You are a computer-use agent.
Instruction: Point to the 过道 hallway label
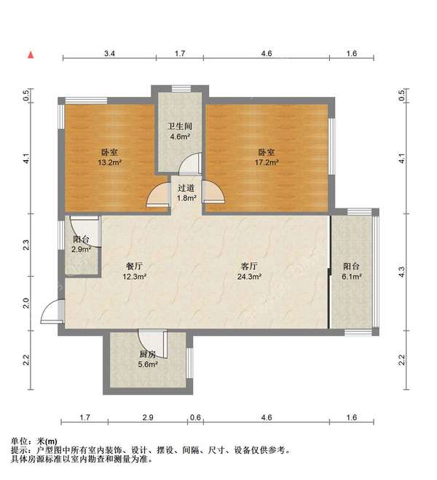(186, 187)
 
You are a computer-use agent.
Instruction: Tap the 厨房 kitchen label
(148, 354)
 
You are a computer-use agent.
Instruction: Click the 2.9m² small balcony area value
(81, 249)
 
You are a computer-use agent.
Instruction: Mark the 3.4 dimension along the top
(110, 54)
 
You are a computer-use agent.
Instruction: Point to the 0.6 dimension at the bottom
(195, 417)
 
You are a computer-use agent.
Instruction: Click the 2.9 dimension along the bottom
(148, 417)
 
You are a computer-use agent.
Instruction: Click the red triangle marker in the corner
(31, 55)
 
